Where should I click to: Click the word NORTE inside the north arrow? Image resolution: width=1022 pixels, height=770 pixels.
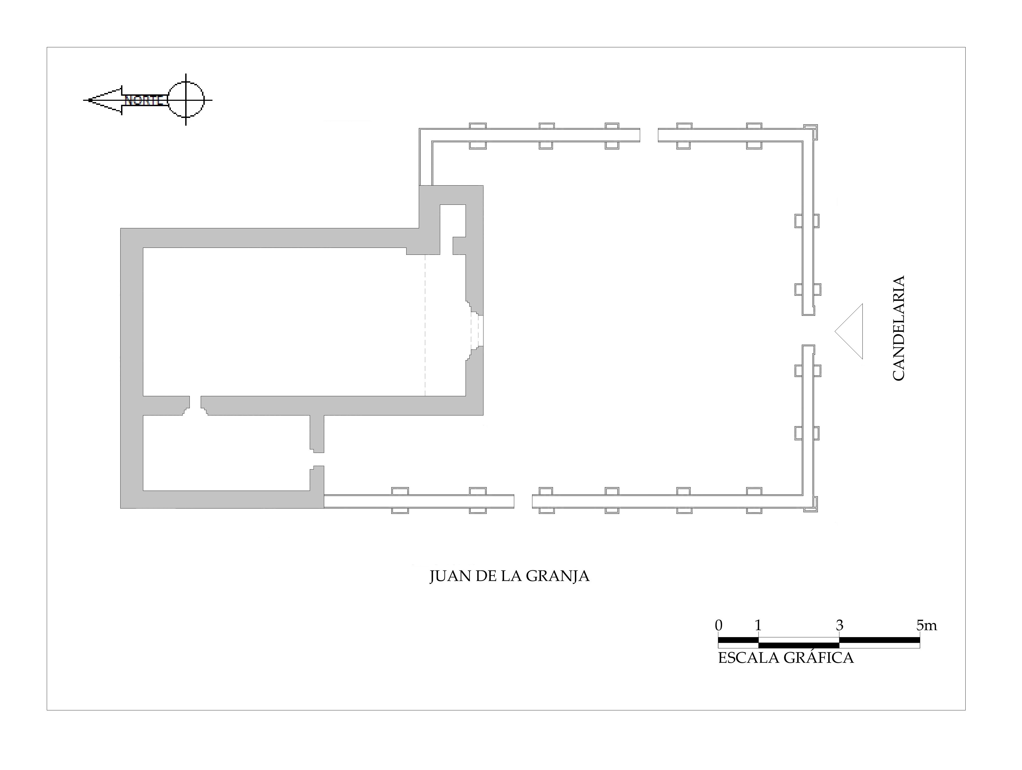(x=143, y=100)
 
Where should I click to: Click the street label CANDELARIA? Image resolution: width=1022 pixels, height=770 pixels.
(x=898, y=328)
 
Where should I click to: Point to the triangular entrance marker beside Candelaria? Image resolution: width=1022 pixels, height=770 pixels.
(x=849, y=331)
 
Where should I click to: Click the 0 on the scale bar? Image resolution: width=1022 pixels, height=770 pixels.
(x=718, y=625)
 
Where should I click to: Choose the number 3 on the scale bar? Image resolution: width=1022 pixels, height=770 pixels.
(x=839, y=625)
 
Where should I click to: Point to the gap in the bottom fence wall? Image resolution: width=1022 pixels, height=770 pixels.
(x=523, y=502)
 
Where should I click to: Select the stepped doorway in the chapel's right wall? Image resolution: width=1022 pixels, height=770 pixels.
(x=474, y=330)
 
